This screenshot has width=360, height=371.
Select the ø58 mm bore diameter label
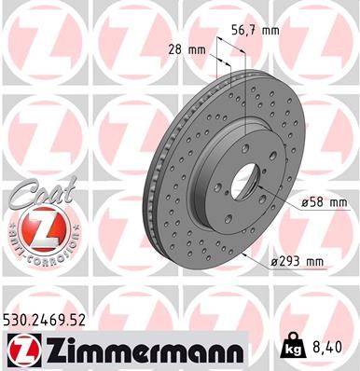pos(325,200)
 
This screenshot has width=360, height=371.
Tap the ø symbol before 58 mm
pos(305,201)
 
